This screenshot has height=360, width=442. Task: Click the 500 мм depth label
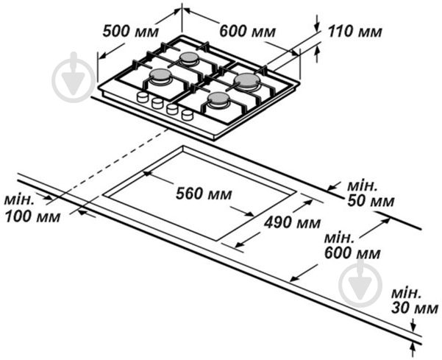click(x=130, y=31)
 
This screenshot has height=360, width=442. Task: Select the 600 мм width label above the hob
click(x=247, y=31)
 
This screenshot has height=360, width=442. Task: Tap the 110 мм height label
click(x=355, y=31)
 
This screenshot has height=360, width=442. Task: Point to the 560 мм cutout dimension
click(x=204, y=194)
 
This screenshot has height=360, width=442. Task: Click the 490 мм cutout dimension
click(x=292, y=222)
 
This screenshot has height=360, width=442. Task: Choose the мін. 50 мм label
click(x=370, y=194)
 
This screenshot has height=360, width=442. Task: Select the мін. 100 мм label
click(x=32, y=209)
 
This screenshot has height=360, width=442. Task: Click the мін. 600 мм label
click(x=352, y=246)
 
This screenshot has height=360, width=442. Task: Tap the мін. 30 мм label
click(x=414, y=301)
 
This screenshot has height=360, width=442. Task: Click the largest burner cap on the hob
click(x=247, y=80)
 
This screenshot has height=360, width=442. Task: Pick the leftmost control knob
click(x=143, y=97)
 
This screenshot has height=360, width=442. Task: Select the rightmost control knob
click(x=188, y=115)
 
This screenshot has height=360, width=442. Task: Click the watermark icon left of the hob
click(x=74, y=77)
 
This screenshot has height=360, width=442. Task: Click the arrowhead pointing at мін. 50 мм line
click(x=332, y=187)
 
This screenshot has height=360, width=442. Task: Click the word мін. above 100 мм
click(x=19, y=200)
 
